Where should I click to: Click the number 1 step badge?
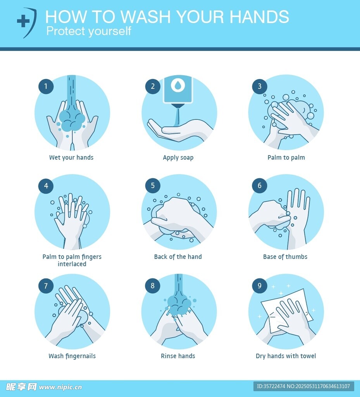[46, 86]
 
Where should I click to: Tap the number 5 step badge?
[153, 186]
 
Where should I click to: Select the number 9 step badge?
[260, 286]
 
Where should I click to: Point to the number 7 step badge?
[46, 286]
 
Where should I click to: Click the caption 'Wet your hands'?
[71, 157]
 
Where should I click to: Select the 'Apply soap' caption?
[178, 157]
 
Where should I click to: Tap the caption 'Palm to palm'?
[286, 157]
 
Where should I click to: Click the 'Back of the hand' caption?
[178, 257]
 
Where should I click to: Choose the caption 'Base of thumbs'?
[285, 257]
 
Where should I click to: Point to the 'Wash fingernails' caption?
[72, 356]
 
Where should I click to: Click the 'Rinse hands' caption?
[178, 356]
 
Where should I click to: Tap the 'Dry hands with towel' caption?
[286, 356]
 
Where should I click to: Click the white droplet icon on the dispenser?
[178, 85]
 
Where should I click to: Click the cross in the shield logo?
[23, 21]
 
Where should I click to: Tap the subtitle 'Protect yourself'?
[88, 31]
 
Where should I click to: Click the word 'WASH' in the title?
[146, 17]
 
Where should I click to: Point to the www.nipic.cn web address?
[60, 387]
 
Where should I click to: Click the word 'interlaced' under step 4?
[72, 264]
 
